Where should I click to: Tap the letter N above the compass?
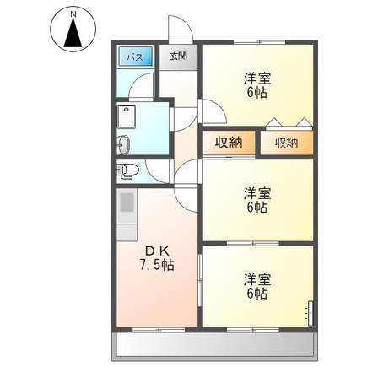click(73, 12)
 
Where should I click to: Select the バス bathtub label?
click(134, 57)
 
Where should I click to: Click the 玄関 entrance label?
click(177, 57)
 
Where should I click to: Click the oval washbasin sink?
click(124, 143)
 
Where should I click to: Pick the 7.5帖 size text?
click(157, 265)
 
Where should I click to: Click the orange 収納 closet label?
click(229, 143)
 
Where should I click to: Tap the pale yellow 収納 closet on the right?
click(286, 143)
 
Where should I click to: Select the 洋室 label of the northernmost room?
click(256, 78)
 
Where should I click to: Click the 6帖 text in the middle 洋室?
click(257, 207)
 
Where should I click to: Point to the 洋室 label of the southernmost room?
click(256, 278)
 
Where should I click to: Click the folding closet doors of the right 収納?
click(286, 121)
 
